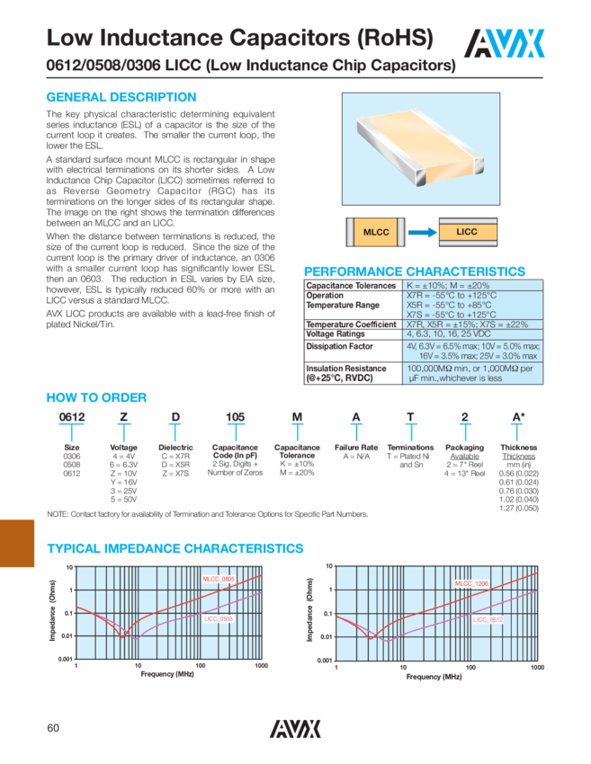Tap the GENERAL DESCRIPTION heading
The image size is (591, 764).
(x=121, y=97)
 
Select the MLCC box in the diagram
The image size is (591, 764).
(x=374, y=232)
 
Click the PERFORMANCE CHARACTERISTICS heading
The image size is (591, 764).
(x=415, y=271)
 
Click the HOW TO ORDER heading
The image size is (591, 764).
(x=96, y=397)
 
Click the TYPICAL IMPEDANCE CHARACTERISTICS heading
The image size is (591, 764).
(x=175, y=548)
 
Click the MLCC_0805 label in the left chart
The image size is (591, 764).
(x=219, y=580)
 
